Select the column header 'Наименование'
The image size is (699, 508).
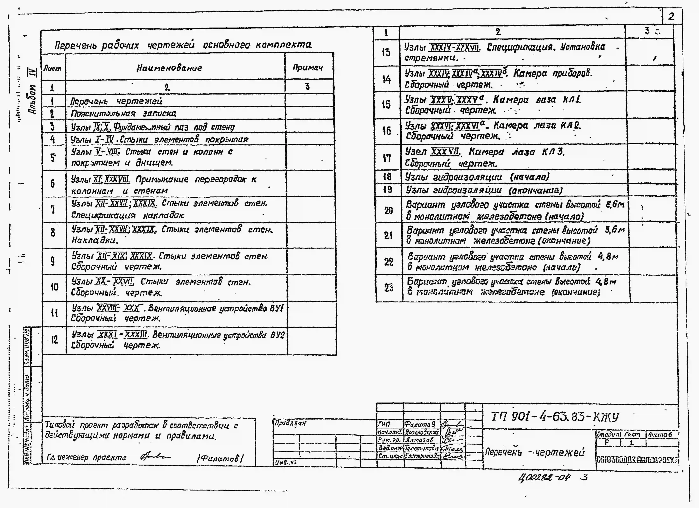pos(169,68)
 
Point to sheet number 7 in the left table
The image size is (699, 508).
pos(53,210)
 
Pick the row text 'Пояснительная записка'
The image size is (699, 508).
pos(123,113)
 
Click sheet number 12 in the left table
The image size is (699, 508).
pos(55,340)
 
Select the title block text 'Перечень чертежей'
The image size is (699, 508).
pos(535,452)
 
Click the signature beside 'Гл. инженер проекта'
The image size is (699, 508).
pos(155,456)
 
